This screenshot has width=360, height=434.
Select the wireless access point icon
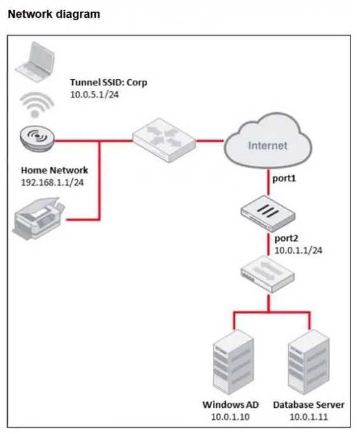tap(37, 138)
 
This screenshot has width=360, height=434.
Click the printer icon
tap(38, 218)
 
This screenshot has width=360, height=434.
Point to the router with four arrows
tap(164, 140)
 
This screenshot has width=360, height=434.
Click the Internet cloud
tap(268, 141)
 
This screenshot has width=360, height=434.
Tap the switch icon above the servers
tap(268, 274)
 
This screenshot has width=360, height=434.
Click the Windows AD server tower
tap(233, 362)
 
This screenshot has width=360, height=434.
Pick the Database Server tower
tap(308, 362)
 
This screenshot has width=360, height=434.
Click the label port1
tap(284, 179)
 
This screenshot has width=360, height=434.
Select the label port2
tap(286, 238)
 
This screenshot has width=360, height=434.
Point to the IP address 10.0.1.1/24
tap(298, 250)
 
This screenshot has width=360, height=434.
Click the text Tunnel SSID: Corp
tap(108, 82)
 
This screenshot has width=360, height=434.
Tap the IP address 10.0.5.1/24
tap(94, 95)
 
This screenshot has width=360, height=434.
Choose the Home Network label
tap(55, 170)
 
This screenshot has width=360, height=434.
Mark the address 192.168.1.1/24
tap(52, 182)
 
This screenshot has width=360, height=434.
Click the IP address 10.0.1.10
tap(230, 417)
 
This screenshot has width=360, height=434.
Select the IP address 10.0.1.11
tap(308, 417)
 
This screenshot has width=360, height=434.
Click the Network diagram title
tap(54, 14)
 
